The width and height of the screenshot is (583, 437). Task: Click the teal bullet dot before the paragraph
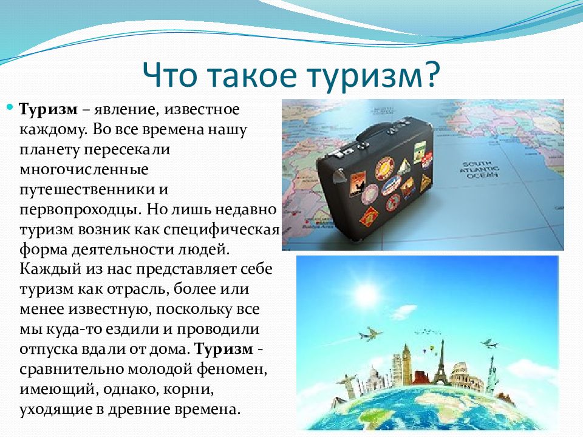[10, 107]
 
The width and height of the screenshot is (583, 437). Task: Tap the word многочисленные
[84, 170]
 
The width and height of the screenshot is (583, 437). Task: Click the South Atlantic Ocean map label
[480, 169]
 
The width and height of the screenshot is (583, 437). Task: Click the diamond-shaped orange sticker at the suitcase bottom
[369, 217]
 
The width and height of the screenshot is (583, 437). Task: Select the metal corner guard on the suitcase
[340, 175]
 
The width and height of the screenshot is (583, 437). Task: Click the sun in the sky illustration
[367, 295]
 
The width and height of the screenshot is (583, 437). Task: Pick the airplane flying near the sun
[369, 333]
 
